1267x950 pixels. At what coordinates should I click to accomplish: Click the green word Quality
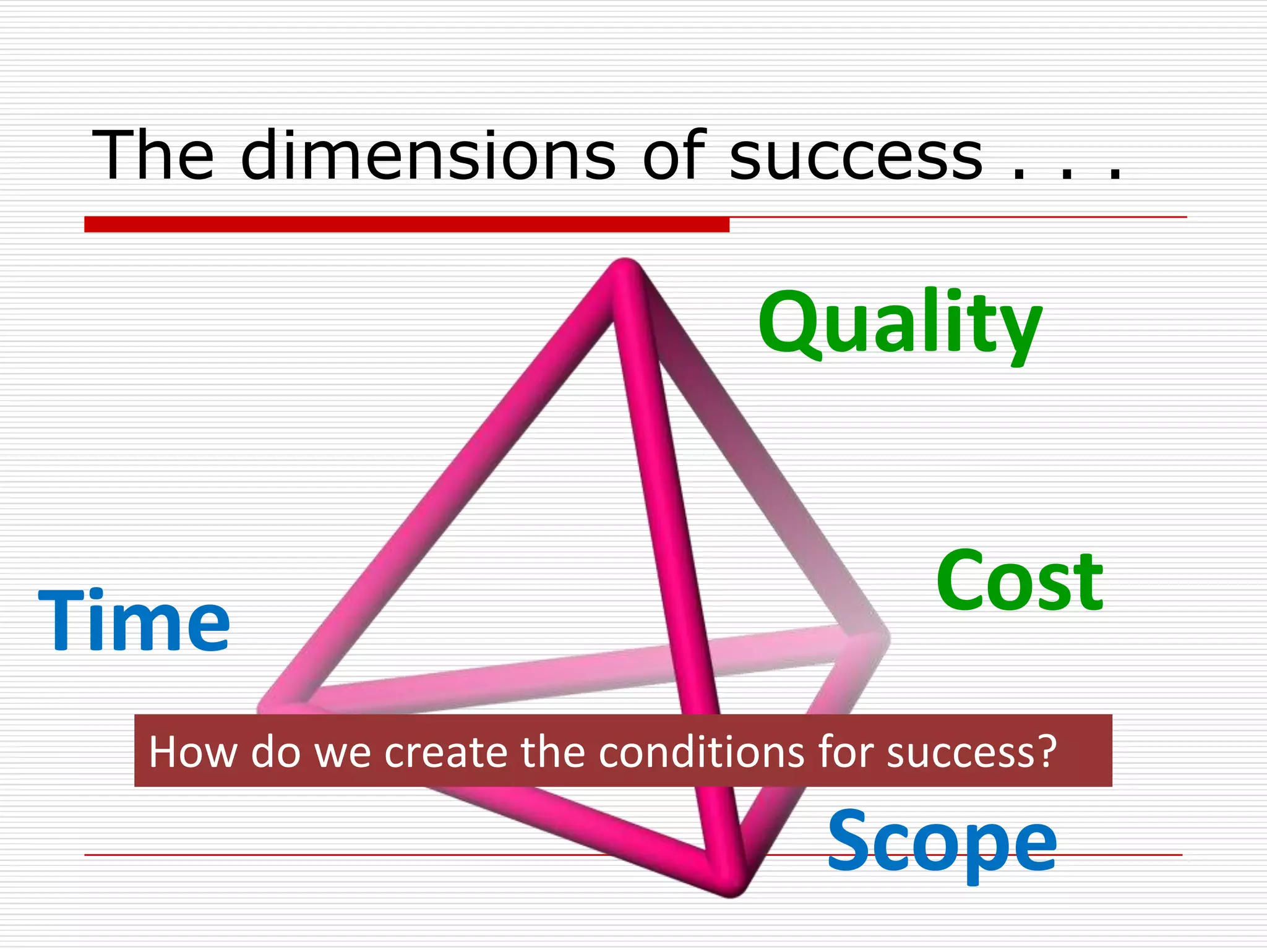pos(900,325)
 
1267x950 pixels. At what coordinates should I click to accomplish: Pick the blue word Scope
pos(942,842)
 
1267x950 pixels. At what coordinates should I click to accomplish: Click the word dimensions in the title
pos(428,156)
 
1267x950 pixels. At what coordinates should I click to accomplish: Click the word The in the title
pos(153,156)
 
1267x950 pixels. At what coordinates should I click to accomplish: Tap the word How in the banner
pos(193,752)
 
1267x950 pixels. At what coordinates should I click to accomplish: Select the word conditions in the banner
pos(702,752)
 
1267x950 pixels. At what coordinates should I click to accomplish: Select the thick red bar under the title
pos(406,225)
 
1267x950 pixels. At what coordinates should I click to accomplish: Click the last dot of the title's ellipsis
pos(1115,176)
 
